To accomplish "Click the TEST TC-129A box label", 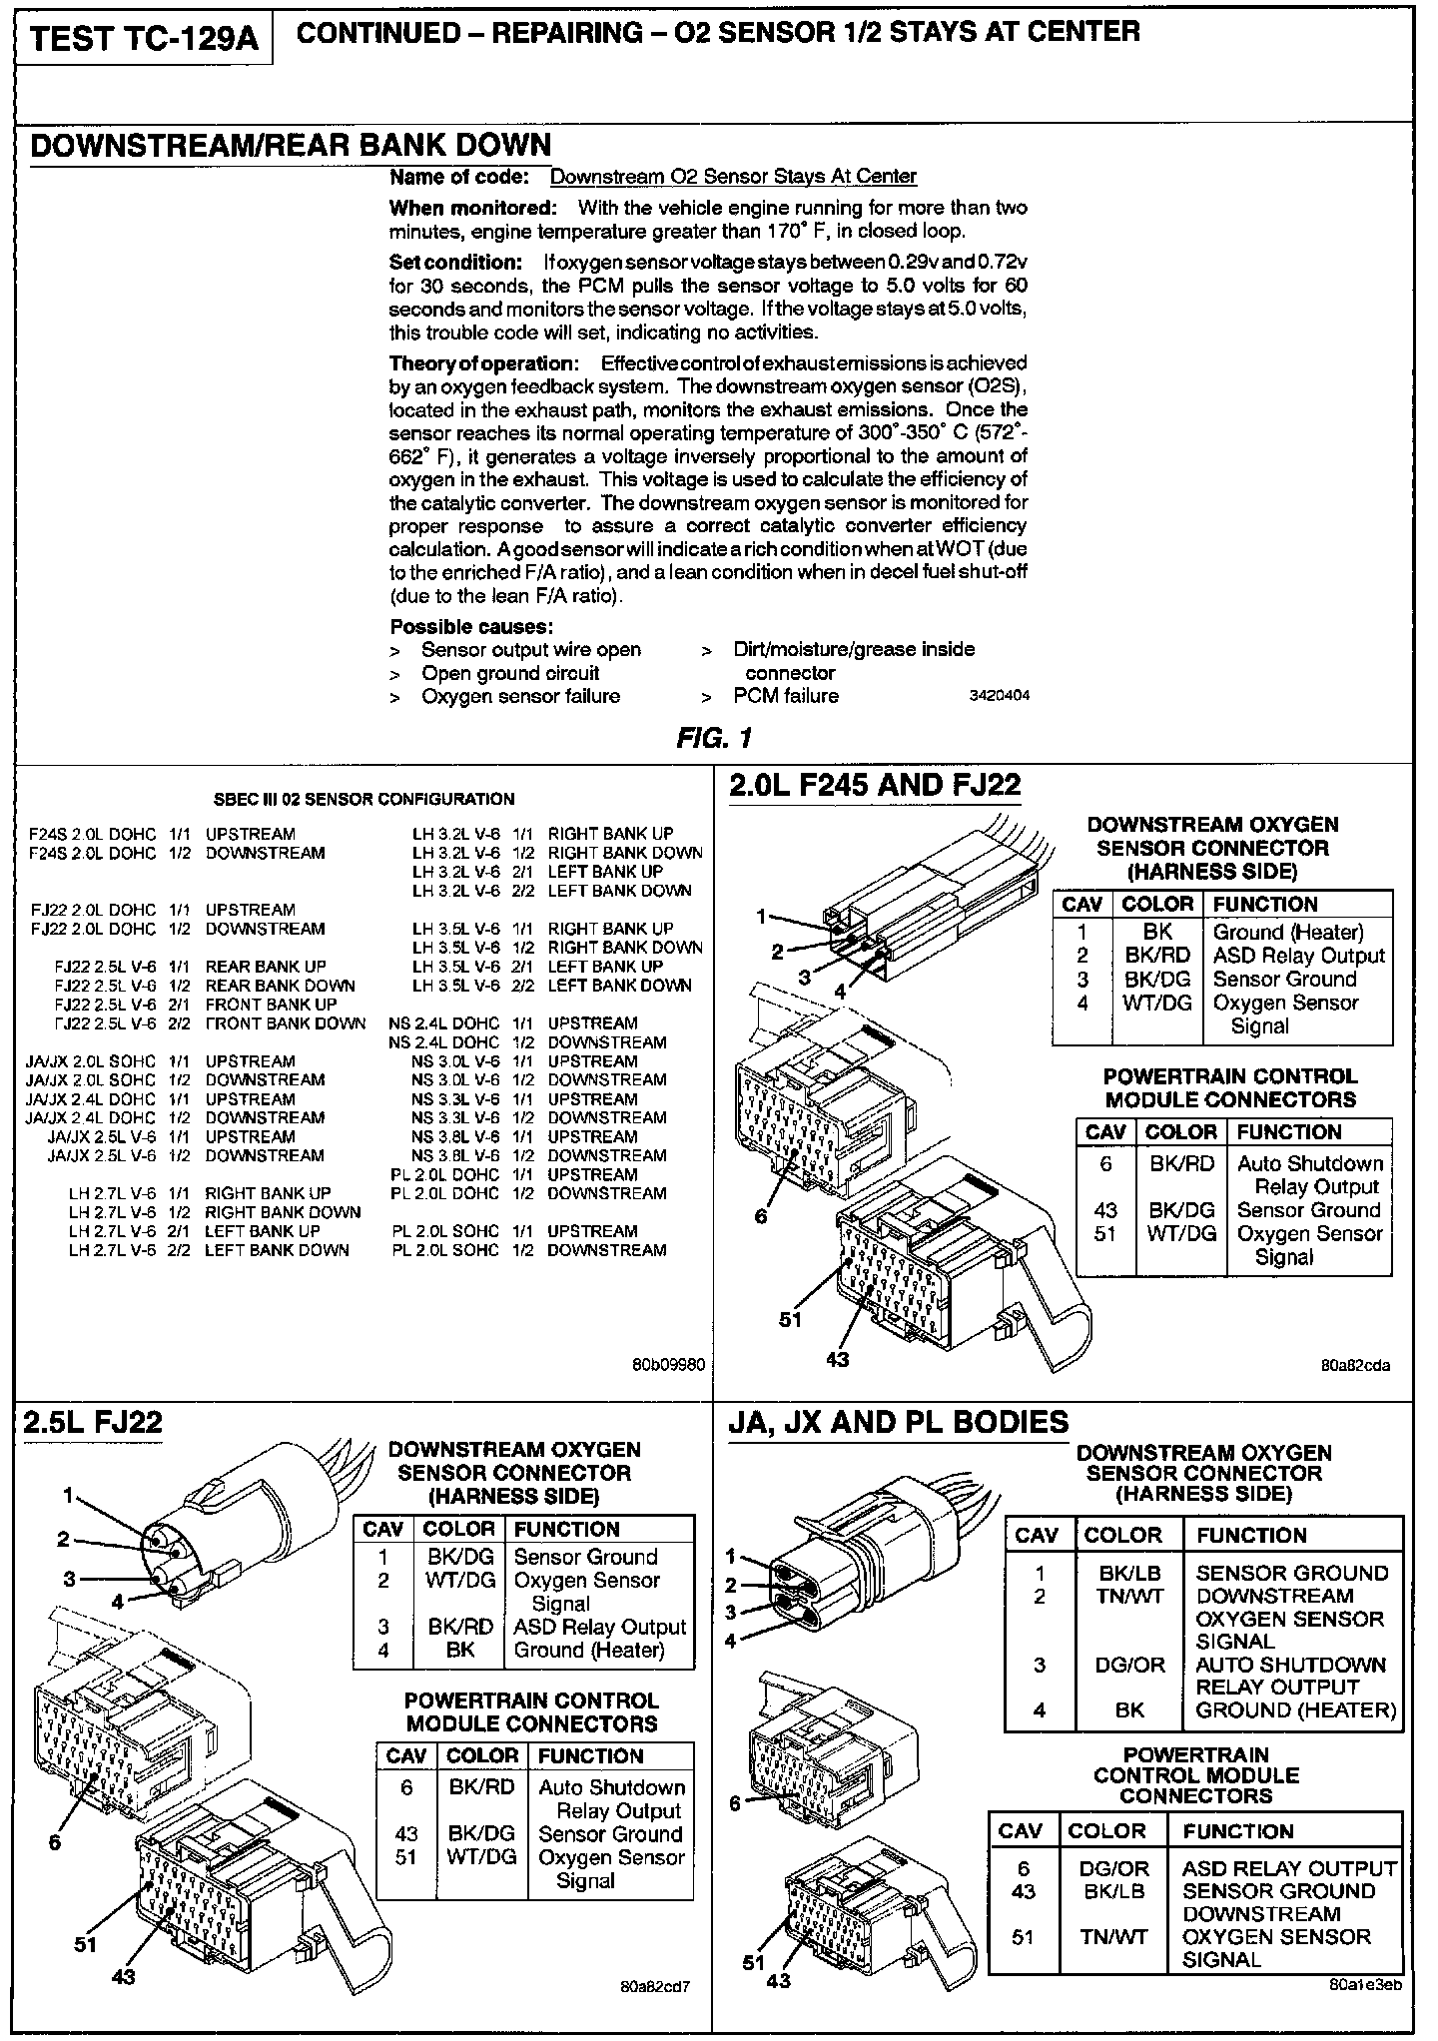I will [144, 39].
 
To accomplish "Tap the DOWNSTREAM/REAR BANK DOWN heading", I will [291, 145].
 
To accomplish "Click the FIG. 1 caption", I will [713, 738].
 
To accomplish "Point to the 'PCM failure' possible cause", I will [785, 696].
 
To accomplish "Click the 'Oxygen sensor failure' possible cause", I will [519, 696].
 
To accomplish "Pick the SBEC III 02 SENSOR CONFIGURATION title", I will [364, 799].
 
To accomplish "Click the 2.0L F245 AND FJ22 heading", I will [875, 786].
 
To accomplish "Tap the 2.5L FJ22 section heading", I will [92, 1421].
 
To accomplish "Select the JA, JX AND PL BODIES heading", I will [899, 1422].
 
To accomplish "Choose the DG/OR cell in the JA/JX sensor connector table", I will [1129, 1665].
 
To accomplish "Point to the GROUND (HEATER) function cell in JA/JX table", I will [1295, 1709].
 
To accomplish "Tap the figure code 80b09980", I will [669, 1361].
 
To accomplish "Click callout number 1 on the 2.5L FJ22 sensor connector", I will [69, 1495].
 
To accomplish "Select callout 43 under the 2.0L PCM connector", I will [837, 1359].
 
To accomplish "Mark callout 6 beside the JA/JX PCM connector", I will [735, 1802].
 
